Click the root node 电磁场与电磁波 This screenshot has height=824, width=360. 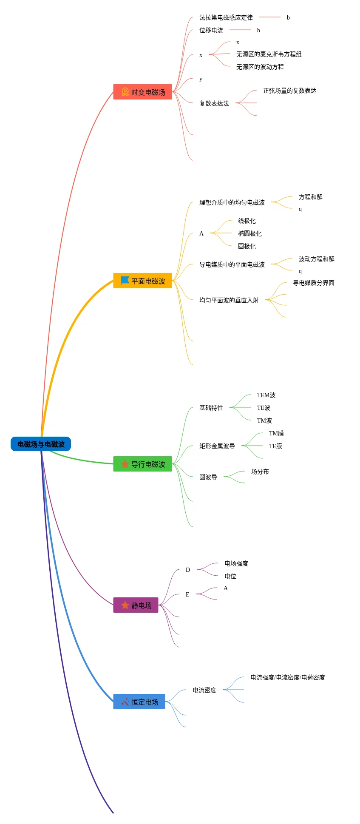(41, 444)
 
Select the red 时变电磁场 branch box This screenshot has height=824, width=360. (142, 92)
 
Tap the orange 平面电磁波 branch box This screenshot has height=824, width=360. (142, 281)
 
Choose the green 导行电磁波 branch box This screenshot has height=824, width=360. (142, 464)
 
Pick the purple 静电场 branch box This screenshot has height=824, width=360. (136, 605)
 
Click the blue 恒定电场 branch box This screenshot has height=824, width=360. (139, 702)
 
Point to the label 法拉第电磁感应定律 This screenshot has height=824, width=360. (226, 17)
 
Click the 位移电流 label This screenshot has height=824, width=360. (211, 30)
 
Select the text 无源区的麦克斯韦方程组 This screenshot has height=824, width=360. (269, 54)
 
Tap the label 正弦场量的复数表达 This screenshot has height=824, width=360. (290, 91)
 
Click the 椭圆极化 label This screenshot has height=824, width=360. (250, 233)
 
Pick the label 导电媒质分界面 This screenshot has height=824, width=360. (314, 283)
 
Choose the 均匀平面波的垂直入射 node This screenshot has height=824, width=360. (229, 300)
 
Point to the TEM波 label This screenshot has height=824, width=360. (266, 395)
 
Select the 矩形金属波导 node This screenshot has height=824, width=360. (217, 446)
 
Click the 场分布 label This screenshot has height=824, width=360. (260, 472)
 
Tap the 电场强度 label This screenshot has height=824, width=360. (236, 563)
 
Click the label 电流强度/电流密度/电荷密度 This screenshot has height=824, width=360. (288, 677)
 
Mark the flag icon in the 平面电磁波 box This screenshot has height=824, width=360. (125, 280)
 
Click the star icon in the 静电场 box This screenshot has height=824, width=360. (125, 605)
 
